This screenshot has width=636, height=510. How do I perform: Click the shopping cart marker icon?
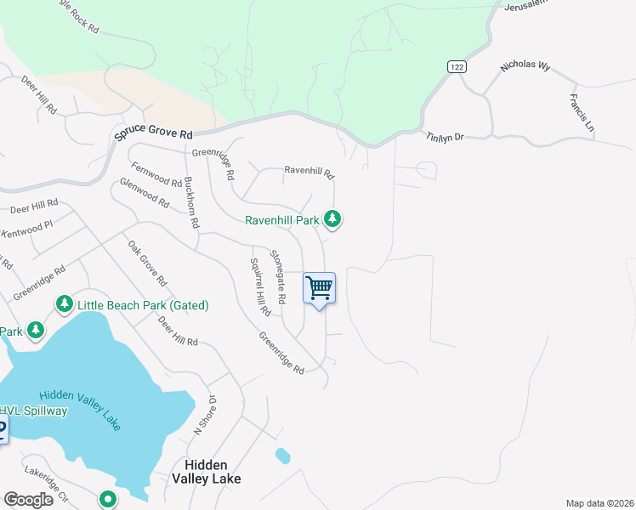pyautogui.click(x=319, y=288)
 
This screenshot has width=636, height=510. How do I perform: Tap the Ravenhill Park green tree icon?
pyautogui.click(x=333, y=220)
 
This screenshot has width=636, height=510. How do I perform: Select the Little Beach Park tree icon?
pyautogui.click(x=64, y=304)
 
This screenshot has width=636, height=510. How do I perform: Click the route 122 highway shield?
pyautogui.click(x=457, y=66)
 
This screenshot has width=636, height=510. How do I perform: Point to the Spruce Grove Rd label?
pyautogui.click(x=154, y=134)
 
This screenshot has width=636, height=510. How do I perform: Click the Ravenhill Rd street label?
pyautogui.click(x=309, y=172)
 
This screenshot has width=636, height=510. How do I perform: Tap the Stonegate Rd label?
pyautogui.click(x=278, y=277)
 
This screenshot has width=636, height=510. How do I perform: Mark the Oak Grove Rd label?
pyautogui.click(x=147, y=263)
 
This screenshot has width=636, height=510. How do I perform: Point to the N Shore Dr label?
pyautogui.click(x=205, y=416)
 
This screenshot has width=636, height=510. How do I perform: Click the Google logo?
pyautogui.click(x=28, y=500)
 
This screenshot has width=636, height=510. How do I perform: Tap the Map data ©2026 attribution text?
pyautogui.click(x=599, y=503)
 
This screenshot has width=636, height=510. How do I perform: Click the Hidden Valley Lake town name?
pyautogui.click(x=213, y=472)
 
